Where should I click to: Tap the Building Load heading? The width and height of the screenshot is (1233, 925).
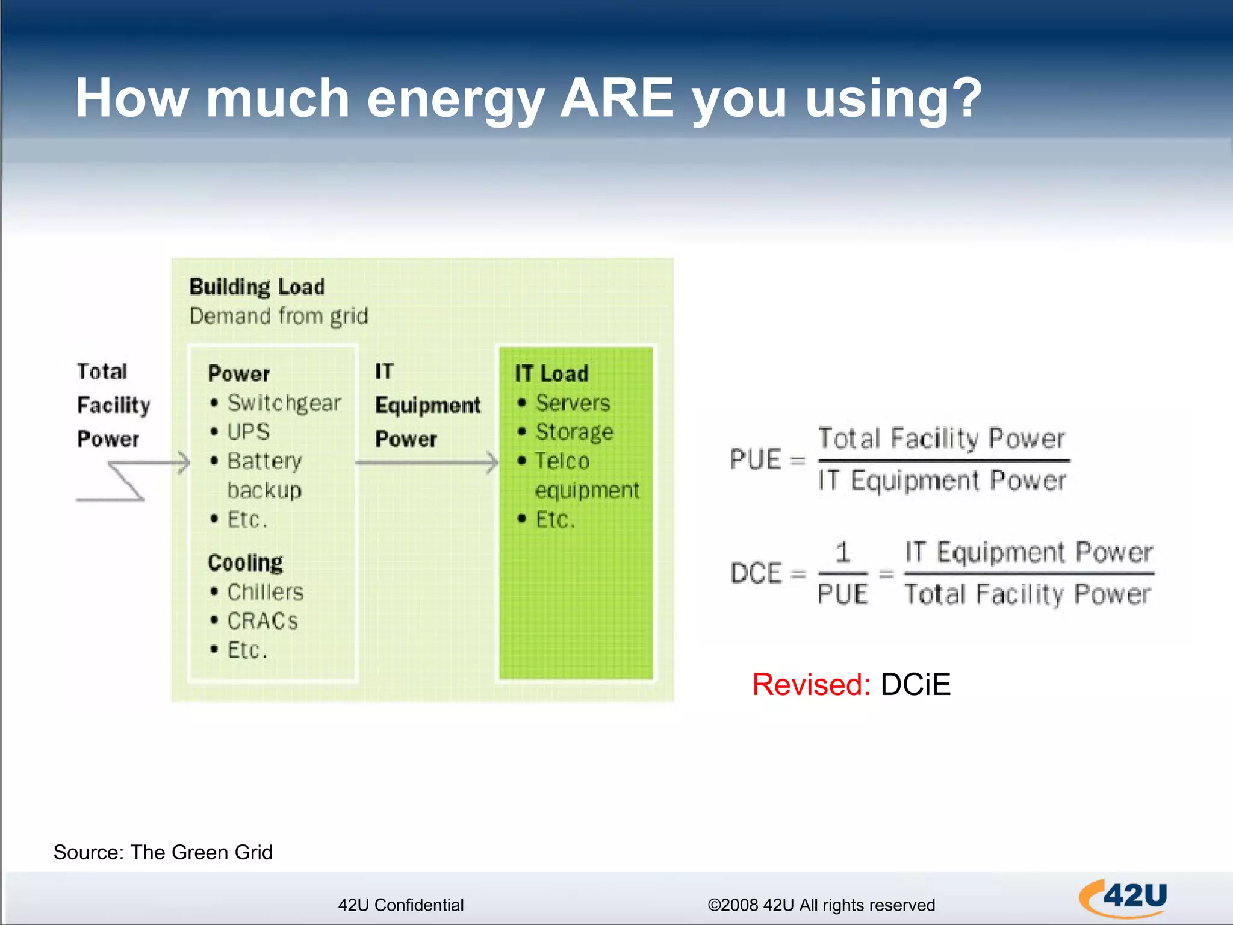(256, 287)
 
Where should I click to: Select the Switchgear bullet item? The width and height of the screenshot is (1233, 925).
(284, 403)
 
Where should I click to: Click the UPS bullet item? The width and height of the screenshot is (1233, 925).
(248, 432)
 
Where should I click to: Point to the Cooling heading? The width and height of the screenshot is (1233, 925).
(245, 562)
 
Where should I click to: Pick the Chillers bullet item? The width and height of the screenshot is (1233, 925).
(265, 592)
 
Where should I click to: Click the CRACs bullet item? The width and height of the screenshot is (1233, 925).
(262, 621)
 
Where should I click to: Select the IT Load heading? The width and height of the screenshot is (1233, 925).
(551, 373)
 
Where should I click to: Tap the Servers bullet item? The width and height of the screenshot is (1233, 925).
(573, 403)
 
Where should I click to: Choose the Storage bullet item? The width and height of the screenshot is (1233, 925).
(574, 432)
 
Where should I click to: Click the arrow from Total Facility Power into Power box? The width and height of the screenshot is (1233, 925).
(151, 463)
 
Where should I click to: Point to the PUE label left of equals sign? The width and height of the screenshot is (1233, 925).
(755, 459)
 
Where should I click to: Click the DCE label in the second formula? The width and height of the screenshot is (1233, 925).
(756, 573)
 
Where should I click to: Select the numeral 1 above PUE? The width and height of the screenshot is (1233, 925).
(843, 552)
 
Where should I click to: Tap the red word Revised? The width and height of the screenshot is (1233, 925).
(811, 685)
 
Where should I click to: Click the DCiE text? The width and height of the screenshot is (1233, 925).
(915, 685)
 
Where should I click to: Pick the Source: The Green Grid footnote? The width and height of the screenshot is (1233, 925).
(163, 852)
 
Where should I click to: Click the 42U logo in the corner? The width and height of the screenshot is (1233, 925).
(1123, 897)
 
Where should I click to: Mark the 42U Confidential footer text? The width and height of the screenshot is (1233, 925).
(400, 905)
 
